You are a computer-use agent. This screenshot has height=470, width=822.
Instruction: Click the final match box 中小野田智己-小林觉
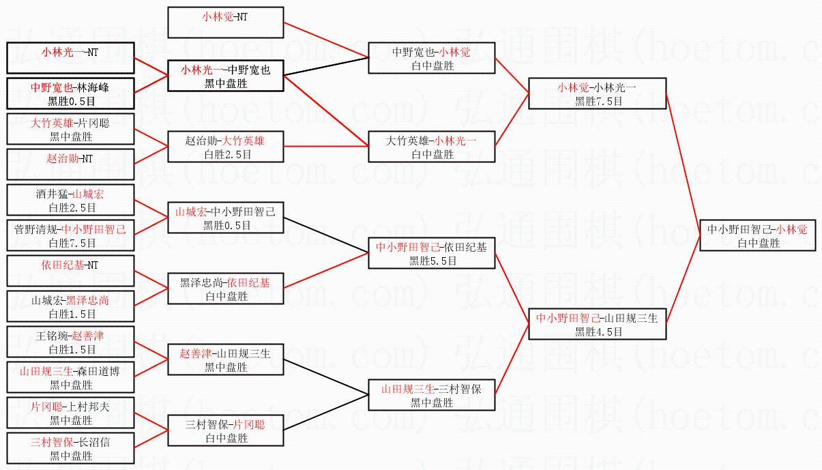(x=757, y=235)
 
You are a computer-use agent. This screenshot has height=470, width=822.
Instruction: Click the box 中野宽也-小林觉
(x=431, y=58)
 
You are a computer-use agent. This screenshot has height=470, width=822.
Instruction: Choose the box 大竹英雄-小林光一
(x=431, y=147)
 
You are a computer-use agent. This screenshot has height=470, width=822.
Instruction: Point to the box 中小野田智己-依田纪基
(x=431, y=253)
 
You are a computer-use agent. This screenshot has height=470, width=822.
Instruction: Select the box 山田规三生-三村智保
(x=431, y=396)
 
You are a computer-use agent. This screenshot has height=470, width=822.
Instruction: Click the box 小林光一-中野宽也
(x=225, y=76)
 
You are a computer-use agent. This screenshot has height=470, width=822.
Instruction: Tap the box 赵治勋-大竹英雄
(x=225, y=147)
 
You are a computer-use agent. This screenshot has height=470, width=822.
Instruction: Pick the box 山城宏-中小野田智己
(x=225, y=218)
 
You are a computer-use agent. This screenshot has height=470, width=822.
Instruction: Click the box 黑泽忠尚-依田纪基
(x=225, y=289)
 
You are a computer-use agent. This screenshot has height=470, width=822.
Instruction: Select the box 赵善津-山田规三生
(x=225, y=359)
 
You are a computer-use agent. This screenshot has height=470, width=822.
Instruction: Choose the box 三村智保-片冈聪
(x=225, y=430)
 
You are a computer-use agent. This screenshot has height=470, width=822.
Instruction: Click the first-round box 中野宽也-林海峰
(x=70, y=93)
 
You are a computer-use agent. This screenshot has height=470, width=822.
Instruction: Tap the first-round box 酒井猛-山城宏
(x=70, y=200)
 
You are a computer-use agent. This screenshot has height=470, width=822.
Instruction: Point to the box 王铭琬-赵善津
(x=70, y=342)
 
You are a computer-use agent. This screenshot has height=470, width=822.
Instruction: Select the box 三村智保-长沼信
(x=70, y=448)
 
